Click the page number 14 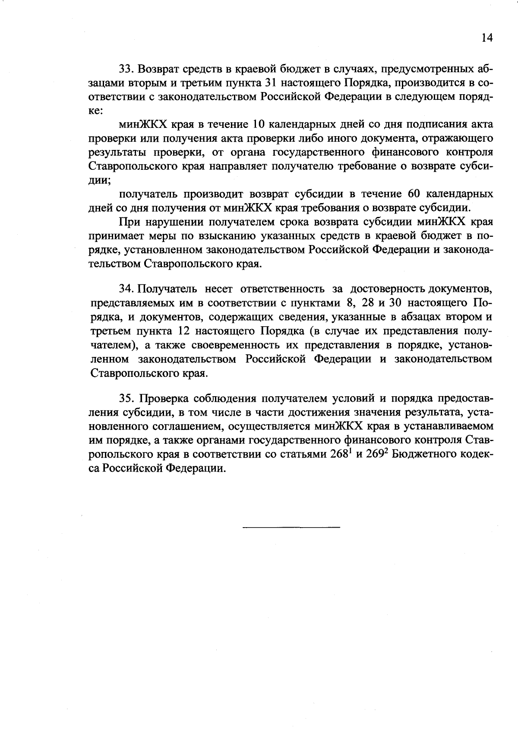pyautogui.click(x=486, y=38)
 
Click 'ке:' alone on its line pyautogui.click(x=95, y=110)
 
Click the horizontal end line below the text pyautogui.click(x=291, y=527)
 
